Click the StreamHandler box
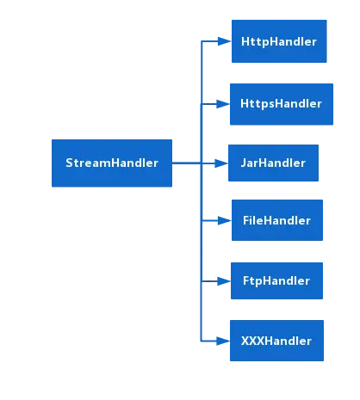click(x=111, y=163)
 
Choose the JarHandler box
click(x=273, y=163)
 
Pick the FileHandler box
click(x=275, y=221)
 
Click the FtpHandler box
click(x=275, y=280)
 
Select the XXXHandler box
click(x=275, y=341)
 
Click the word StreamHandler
click(x=111, y=163)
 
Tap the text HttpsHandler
click(x=281, y=103)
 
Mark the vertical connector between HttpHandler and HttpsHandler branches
click(x=202, y=72)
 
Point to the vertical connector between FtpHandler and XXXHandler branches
click(x=202, y=311)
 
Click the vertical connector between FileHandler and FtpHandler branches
click(x=202, y=251)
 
